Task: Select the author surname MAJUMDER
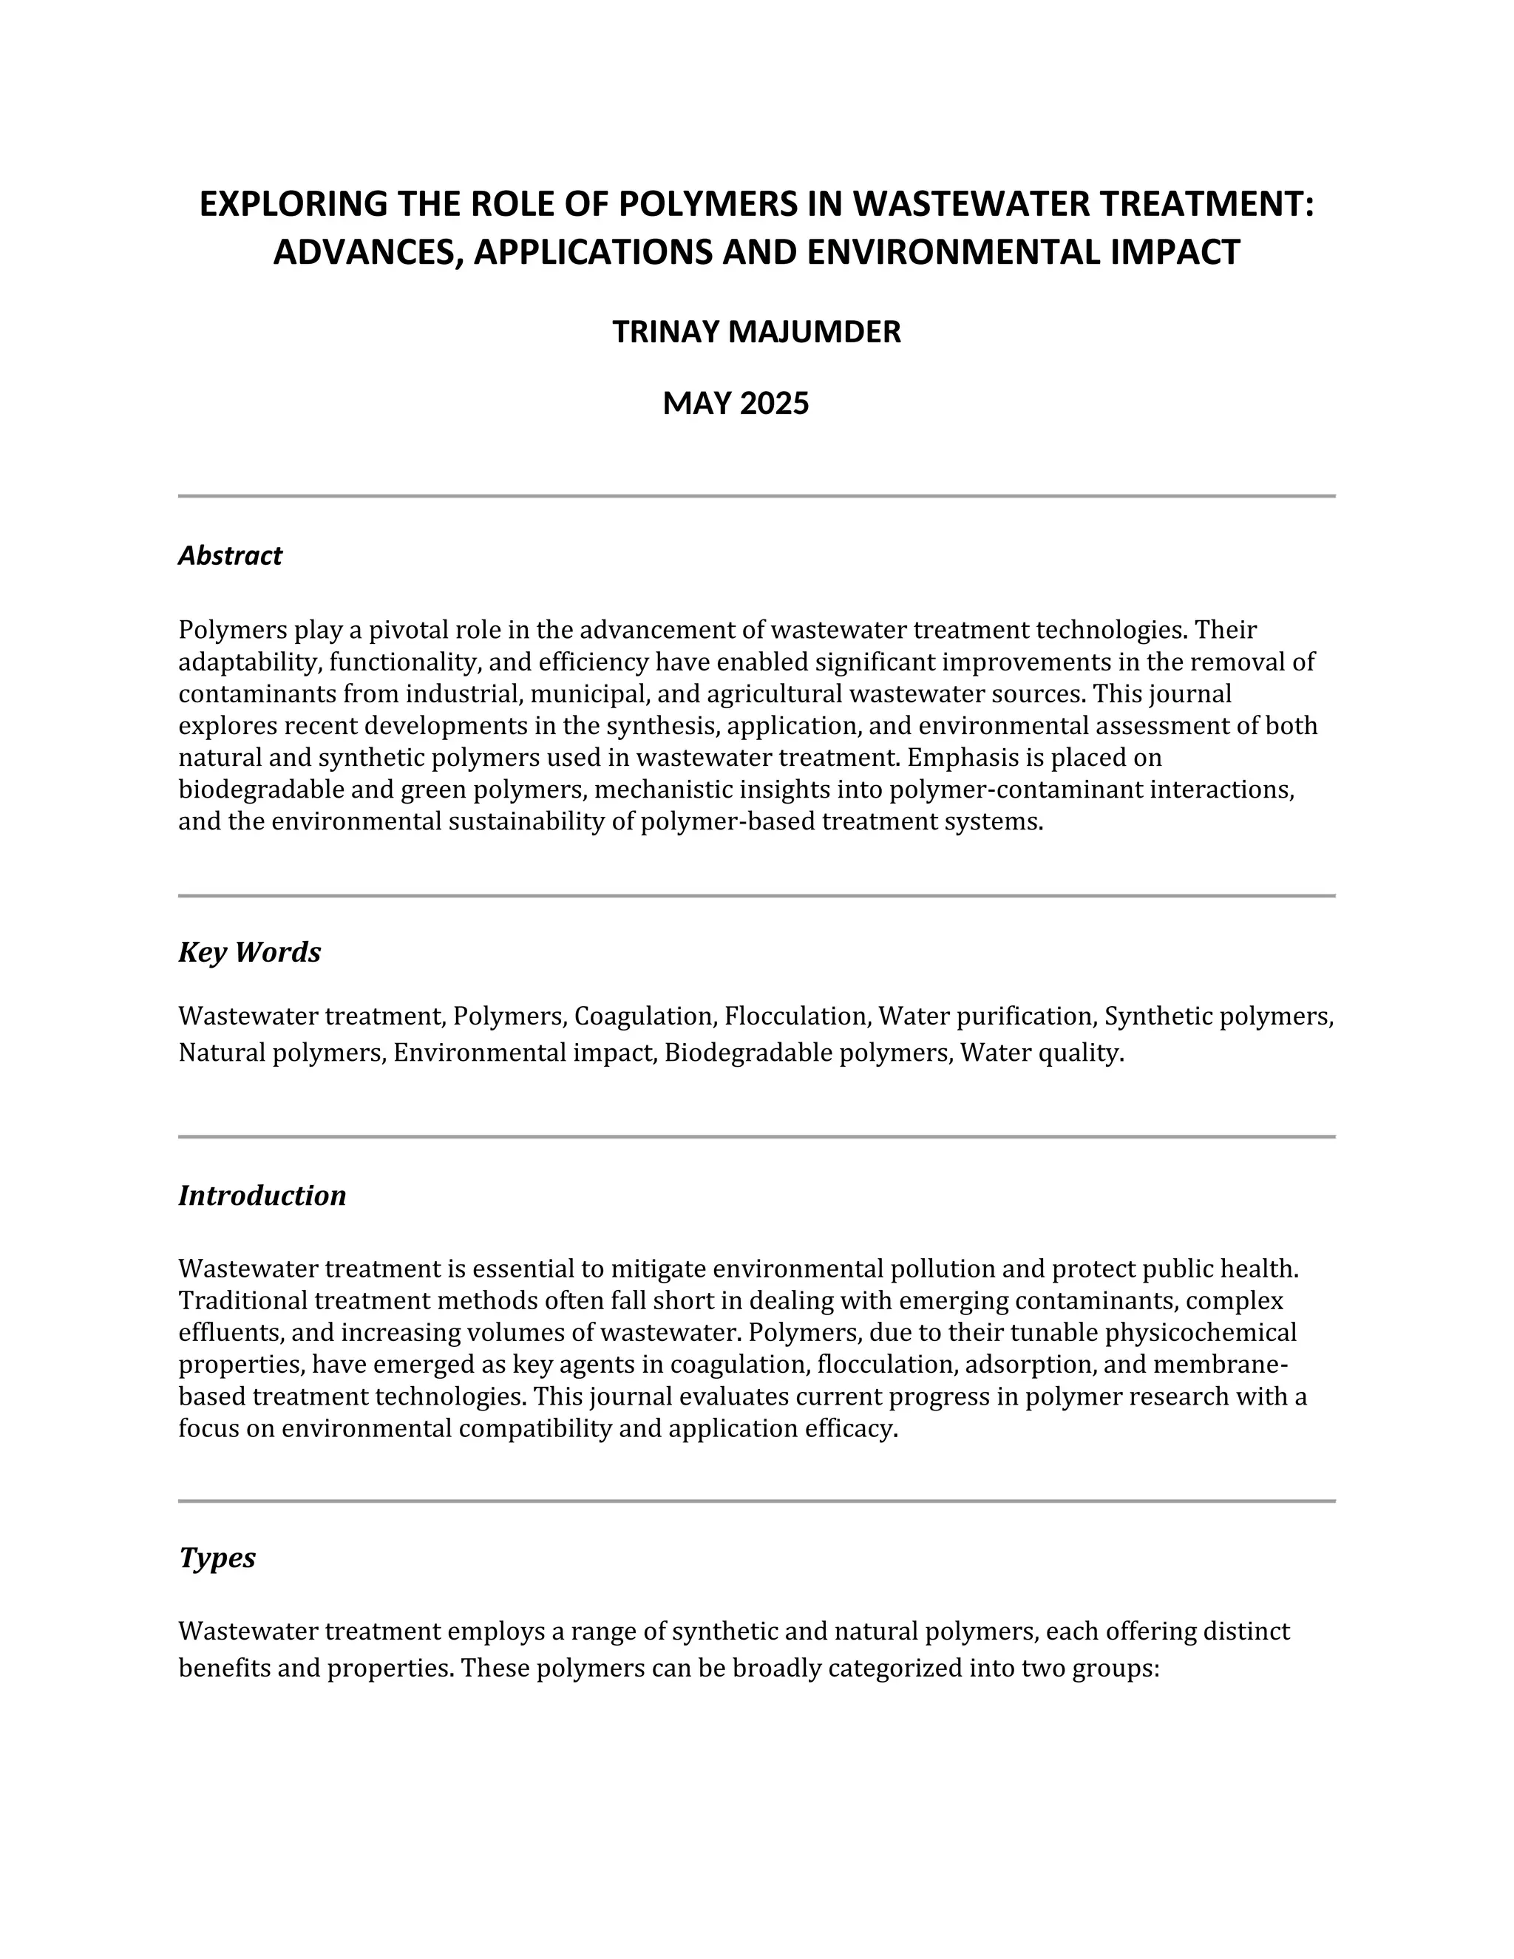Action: tap(815, 332)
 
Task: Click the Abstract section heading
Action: tap(230, 556)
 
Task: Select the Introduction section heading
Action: tap(262, 1195)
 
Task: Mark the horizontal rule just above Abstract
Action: tap(756, 496)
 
